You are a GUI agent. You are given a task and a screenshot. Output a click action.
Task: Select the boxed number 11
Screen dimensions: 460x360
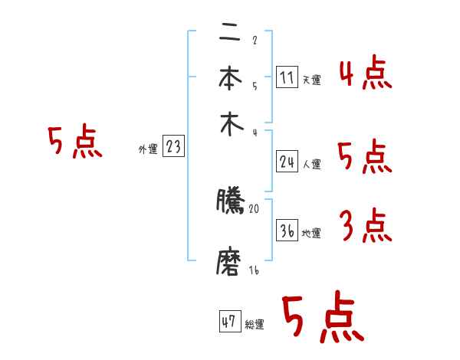[286, 77]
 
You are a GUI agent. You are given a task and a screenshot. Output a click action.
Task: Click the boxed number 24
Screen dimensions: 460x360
[286, 161]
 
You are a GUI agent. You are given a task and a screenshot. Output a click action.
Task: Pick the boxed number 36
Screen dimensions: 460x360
[286, 231]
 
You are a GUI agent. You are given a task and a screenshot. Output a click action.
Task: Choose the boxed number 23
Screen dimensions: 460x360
[173, 147]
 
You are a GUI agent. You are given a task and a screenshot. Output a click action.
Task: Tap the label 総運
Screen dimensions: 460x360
[255, 324]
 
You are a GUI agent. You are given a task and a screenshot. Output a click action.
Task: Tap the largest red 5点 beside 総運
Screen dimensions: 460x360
[323, 319]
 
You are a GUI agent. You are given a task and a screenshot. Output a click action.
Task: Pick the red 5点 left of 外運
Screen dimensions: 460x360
[74, 143]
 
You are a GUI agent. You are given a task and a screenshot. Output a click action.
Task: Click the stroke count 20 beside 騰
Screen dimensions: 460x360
[255, 208]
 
